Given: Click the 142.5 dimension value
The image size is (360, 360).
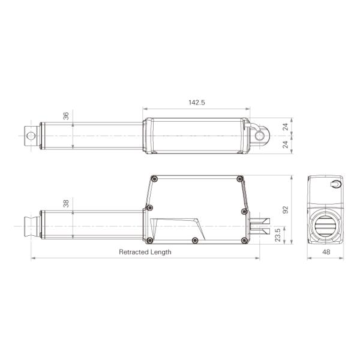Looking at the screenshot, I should (x=197, y=103).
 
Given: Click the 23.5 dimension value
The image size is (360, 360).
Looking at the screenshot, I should (x=277, y=234).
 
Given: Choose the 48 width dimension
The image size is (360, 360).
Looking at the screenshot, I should (x=326, y=252).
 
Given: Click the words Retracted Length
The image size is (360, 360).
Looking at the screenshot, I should (x=145, y=252).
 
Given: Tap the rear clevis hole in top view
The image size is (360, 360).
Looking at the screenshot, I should (x=260, y=136).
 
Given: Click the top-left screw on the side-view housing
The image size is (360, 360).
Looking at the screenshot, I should (x=155, y=179).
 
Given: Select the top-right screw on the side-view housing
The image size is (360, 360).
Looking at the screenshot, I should (x=240, y=179).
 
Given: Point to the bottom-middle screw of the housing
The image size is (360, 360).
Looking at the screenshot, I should (x=194, y=241).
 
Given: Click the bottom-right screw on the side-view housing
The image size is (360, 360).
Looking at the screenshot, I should (x=244, y=241).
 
